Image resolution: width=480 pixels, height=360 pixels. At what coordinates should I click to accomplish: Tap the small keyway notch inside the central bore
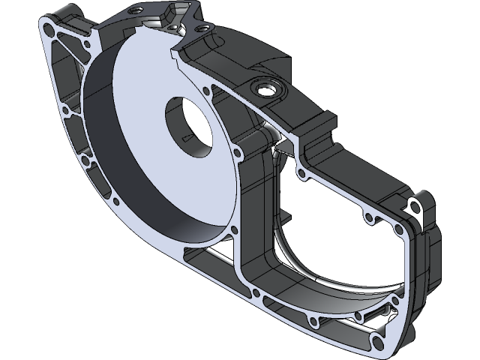click(x=187, y=136)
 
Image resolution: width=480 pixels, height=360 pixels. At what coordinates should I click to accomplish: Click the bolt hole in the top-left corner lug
click(x=49, y=31)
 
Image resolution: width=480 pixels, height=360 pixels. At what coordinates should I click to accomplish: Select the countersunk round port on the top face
click(x=267, y=89)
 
